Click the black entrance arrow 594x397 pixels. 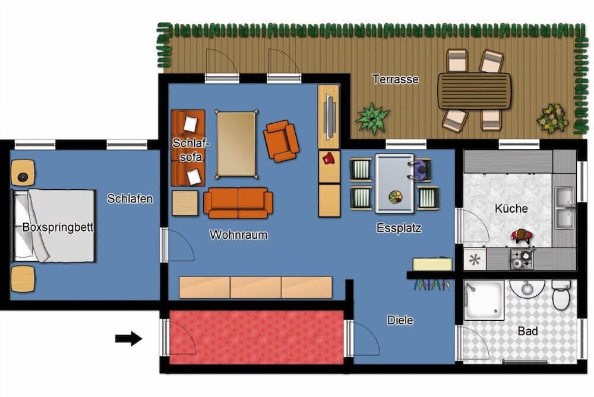(128, 339)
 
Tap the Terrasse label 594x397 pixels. (396, 79)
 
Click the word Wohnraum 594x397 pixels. (239, 235)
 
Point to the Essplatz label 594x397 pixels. (399, 228)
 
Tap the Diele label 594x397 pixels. (400, 320)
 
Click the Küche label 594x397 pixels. (511, 209)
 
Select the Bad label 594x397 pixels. (528, 331)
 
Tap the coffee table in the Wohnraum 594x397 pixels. (236, 144)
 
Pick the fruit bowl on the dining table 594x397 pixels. (395, 196)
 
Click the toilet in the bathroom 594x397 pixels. (561, 296)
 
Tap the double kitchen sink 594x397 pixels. (564, 208)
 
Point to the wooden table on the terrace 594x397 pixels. (474, 90)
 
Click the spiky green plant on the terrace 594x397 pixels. (372, 118)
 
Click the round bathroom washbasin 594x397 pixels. (526, 289)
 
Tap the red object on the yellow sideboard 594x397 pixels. (328, 158)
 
